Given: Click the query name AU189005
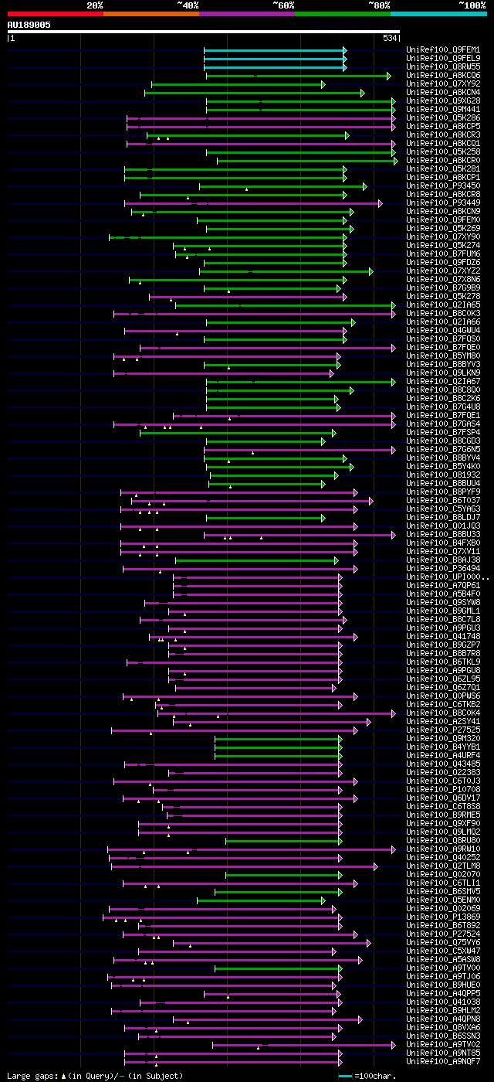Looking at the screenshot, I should tap(29, 25).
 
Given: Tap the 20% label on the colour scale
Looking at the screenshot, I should tap(95, 5).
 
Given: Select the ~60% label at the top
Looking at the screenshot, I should tap(283, 5).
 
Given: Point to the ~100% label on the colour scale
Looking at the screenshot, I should tap(471, 5).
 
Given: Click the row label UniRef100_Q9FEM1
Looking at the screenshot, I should tap(431, 49).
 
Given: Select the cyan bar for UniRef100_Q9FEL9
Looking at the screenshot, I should tap(274, 59).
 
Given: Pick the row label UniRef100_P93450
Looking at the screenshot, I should tap(431, 186).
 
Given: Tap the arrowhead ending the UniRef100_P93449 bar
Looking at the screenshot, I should tap(380, 203).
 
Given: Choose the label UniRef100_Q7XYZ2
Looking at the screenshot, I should tap(431, 271).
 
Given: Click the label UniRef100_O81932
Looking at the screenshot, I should tap(431, 475).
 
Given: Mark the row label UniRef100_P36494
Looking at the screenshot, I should tap(431, 569).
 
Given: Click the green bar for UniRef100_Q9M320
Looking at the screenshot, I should tap(277, 739).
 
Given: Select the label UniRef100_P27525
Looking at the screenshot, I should tap(431, 730).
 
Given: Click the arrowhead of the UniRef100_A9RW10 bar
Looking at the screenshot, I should tap(393, 849).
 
